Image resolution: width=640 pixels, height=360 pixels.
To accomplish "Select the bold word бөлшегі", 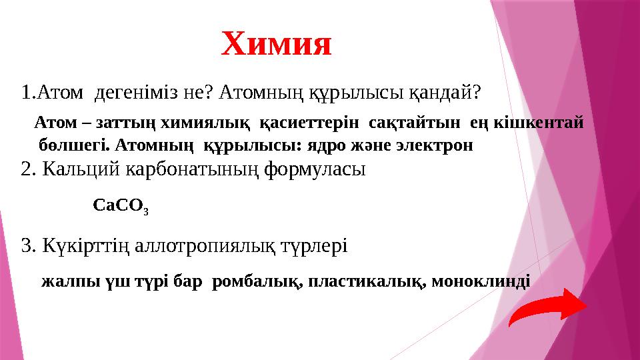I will pos(69,145).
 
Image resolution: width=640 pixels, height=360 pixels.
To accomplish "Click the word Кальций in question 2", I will pos(80,169).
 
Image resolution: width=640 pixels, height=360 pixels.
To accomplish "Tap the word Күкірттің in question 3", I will pos(86,246).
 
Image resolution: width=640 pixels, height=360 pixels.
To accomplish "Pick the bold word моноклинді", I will pos(481,281).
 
